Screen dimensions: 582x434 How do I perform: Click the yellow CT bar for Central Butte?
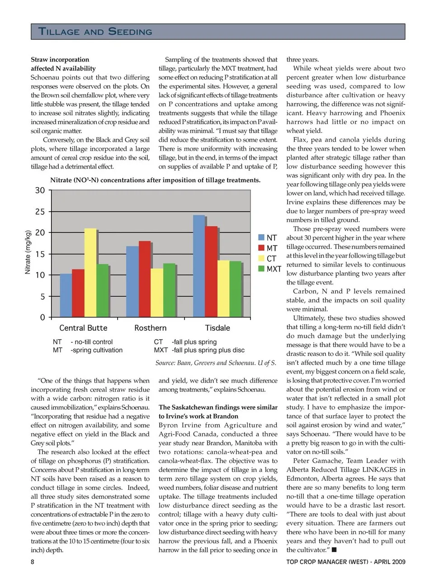90,273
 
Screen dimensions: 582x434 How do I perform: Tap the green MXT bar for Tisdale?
235,289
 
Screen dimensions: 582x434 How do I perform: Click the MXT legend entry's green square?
261,269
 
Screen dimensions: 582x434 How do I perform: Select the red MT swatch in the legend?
261,248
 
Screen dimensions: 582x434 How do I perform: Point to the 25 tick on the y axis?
40,212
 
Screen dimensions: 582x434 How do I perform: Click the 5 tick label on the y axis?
42,297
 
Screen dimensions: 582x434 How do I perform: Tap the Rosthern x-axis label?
150,328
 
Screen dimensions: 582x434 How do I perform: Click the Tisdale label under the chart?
217,328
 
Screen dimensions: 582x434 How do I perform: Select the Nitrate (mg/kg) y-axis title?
28,252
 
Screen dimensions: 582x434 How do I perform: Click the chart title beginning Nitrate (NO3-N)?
155,180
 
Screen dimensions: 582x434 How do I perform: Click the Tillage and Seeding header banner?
217,32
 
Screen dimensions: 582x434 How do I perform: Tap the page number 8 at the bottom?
33,562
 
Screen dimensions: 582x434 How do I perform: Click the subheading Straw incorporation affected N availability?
63,64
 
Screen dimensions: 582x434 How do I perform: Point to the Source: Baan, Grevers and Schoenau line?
216,363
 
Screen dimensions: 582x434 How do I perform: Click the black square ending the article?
334,550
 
